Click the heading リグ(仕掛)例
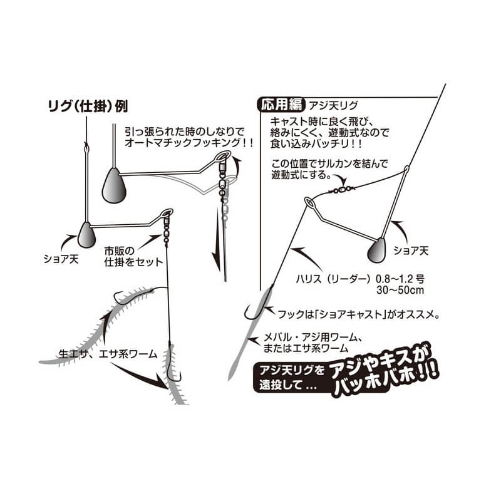coord(88,106)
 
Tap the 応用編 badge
coord(281,105)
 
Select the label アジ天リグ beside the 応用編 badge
coord(333,105)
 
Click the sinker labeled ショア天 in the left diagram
coord(86,234)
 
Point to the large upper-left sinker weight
coord(114,185)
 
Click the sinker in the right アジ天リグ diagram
coord(377,249)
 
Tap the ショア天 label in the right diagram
coord(411,250)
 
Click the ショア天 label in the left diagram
coord(61,259)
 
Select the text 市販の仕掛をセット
coord(133,257)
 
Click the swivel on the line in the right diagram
coord(341,190)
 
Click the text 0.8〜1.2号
coord(400,279)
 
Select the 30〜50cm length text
coord(400,290)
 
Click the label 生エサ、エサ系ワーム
coord(108,354)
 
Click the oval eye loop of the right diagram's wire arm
coord(309,202)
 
